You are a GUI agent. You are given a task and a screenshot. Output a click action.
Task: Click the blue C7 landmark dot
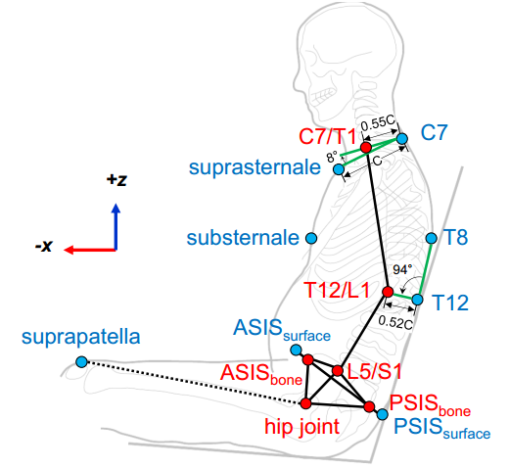[402, 139]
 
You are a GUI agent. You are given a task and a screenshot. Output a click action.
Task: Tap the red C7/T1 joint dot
[366, 148]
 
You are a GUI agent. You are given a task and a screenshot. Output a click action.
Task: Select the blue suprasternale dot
[339, 169]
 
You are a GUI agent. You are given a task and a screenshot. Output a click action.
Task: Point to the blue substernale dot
[311, 238]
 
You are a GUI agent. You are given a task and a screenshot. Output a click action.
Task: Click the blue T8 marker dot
[432, 238]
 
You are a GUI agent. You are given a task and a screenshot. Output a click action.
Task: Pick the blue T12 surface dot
[418, 300]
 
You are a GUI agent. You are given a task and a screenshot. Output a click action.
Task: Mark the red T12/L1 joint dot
[388, 292]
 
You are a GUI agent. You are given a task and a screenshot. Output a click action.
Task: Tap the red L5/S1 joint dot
[338, 370]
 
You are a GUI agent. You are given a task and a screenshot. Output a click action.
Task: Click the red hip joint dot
[305, 403]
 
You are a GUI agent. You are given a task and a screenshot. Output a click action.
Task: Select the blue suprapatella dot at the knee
[81, 361]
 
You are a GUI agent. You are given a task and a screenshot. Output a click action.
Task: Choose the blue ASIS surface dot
[296, 351]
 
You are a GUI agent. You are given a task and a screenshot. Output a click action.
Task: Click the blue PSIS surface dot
[383, 414]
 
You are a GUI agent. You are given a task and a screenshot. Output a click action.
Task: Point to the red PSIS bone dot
[369, 406]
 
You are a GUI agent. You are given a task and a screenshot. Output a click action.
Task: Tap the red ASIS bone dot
[308, 359]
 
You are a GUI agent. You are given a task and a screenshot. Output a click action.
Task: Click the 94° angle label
[402, 269]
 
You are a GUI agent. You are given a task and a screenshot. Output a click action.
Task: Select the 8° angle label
[332, 157]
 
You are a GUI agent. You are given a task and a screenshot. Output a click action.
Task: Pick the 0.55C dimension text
[378, 122]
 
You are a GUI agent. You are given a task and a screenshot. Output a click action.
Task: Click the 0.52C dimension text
[395, 323]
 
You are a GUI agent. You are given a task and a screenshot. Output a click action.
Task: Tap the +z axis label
[116, 179]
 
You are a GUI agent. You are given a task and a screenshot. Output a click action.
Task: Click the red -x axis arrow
[90, 251]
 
